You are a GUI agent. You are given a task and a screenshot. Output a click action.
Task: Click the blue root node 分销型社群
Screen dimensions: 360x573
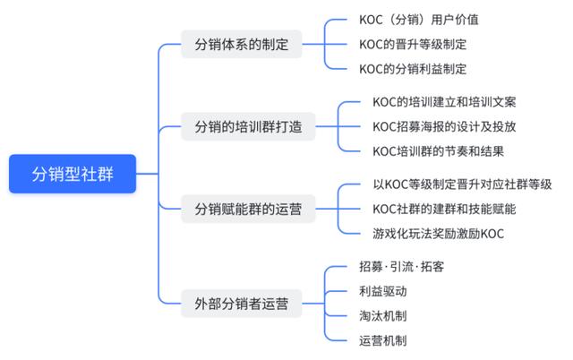[73, 174]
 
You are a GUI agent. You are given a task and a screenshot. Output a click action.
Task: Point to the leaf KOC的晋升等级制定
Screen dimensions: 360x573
[413, 43]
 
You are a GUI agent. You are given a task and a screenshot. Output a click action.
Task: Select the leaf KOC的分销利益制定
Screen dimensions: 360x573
[413, 68]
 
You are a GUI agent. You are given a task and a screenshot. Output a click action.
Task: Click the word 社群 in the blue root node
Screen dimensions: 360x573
[96, 174]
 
